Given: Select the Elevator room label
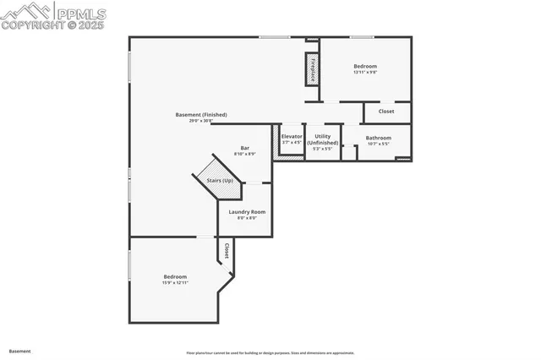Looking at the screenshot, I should (x=292, y=136).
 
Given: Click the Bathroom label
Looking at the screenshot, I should (x=378, y=138).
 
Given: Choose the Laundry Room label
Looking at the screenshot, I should (x=246, y=212).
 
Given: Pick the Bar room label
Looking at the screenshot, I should (x=245, y=148).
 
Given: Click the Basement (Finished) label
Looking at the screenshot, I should (x=201, y=115).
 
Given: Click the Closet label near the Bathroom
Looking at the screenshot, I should (x=386, y=112).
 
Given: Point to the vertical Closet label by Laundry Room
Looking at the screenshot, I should (x=227, y=251).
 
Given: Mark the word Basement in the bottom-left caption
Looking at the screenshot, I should (x=19, y=350).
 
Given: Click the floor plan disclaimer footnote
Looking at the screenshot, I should (x=270, y=353).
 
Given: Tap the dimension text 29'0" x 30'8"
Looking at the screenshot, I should (x=201, y=121).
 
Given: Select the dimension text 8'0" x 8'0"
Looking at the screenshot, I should (x=246, y=218).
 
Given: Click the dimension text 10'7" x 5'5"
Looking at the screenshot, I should (x=378, y=144).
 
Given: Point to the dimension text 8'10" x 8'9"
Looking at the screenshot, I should (x=245, y=154).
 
